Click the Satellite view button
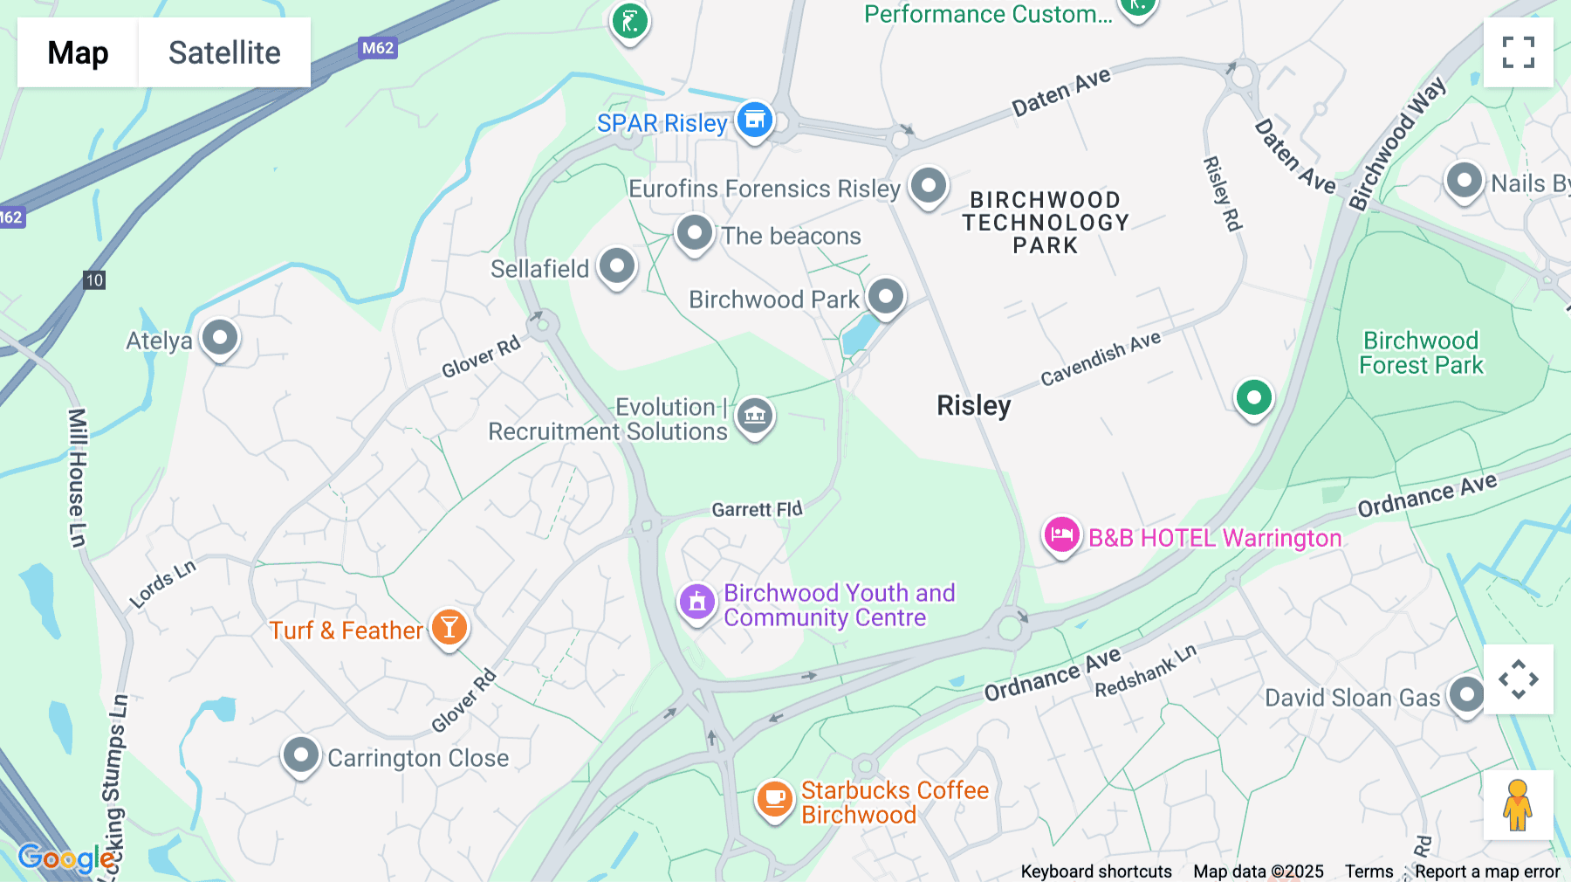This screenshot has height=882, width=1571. pyautogui.click(x=224, y=52)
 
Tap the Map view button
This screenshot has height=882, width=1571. pyautogui.click(x=78, y=52)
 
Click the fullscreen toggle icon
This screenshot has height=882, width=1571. pyautogui.click(x=1518, y=52)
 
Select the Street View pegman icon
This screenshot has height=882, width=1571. pyautogui.click(x=1518, y=804)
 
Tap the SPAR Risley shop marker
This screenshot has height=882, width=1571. pyautogui.click(x=755, y=120)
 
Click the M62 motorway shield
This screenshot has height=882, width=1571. pyautogui.click(x=378, y=48)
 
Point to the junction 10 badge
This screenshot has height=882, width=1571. pyautogui.click(x=94, y=280)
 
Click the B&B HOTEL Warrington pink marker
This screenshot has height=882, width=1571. pyautogui.click(x=1061, y=534)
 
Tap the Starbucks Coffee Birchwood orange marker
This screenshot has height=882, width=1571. pyautogui.click(x=774, y=798)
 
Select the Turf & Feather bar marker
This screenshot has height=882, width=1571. pyautogui.click(x=449, y=627)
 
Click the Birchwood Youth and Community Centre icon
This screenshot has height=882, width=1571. pyautogui.click(x=697, y=602)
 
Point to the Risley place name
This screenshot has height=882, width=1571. pyautogui.click(x=973, y=405)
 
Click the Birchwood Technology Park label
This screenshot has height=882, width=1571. pyautogui.click(x=1046, y=223)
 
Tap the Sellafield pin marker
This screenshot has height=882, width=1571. pyautogui.click(x=617, y=265)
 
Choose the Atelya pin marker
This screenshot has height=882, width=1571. pyautogui.click(x=220, y=337)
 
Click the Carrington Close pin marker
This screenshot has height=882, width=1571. pyautogui.click(x=301, y=754)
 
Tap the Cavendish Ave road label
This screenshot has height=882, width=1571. pyautogui.click(x=1101, y=358)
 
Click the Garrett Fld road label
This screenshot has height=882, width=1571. pyautogui.click(x=757, y=509)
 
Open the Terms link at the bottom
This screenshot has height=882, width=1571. pyautogui.click(x=1369, y=871)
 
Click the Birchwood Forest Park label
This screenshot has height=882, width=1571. pyautogui.click(x=1421, y=353)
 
